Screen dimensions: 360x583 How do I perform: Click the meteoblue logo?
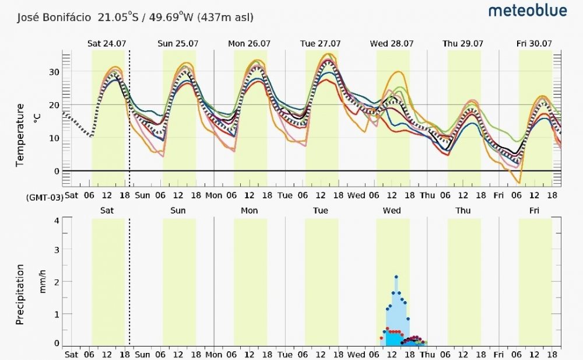click(x=527, y=11)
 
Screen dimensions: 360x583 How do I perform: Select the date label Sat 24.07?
click(x=107, y=43)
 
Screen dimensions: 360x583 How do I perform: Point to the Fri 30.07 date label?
click(x=534, y=43)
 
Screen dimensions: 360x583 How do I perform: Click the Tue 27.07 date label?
click(x=319, y=43)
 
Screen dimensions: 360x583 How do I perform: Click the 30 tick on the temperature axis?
click(x=55, y=72)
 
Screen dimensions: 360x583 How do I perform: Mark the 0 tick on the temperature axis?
click(x=57, y=171)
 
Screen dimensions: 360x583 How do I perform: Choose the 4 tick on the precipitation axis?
click(x=57, y=221)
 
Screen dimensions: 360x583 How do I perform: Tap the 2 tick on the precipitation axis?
click(x=57, y=282)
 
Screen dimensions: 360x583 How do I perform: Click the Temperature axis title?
click(x=20, y=135)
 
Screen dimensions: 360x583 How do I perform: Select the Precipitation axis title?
click(x=20, y=294)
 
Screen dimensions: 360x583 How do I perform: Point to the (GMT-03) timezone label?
click(x=44, y=197)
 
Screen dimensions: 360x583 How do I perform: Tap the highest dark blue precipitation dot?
click(x=396, y=277)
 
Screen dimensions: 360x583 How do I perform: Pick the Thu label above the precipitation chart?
click(x=463, y=210)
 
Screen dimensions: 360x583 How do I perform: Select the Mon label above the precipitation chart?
click(x=249, y=210)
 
